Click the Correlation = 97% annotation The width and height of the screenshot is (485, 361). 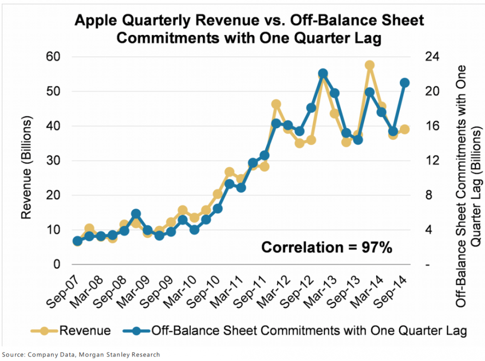click(x=327, y=247)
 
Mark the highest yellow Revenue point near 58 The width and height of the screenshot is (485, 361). click(x=370, y=65)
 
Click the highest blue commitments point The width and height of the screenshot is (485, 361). click(x=323, y=74)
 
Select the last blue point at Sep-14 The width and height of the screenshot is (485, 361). click(x=404, y=83)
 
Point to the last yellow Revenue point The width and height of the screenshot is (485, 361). click(x=404, y=129)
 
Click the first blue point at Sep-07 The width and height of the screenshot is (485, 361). click(x=77, y=240)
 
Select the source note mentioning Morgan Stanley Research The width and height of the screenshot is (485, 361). click(x=81, y=355)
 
